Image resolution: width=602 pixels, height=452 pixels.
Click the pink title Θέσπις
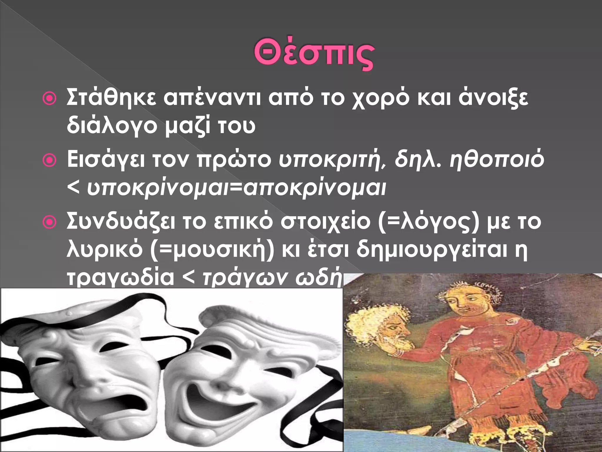point(314,56)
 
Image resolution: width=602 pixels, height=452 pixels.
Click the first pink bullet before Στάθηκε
point(49,99)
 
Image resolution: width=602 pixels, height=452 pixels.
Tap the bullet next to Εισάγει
point(49,161)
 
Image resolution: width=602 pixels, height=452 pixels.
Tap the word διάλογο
point(112,126)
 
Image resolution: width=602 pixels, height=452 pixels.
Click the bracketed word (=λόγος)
point(429,222)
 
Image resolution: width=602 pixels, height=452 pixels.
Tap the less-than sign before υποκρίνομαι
point(73,188)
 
